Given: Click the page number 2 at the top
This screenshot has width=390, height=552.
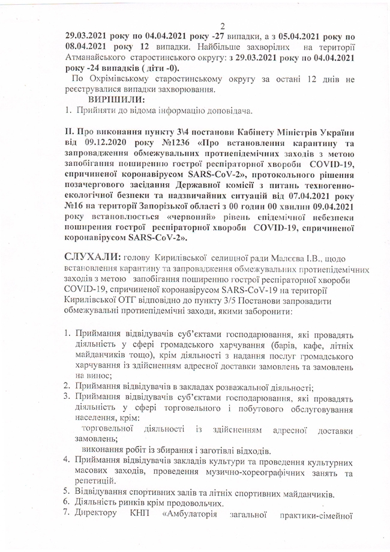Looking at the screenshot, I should click(x=221, y=25).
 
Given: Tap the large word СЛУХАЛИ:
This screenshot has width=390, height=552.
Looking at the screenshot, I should click(x=92, y=257).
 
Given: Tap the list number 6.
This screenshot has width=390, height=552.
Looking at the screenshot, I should click(x=68, y=503).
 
